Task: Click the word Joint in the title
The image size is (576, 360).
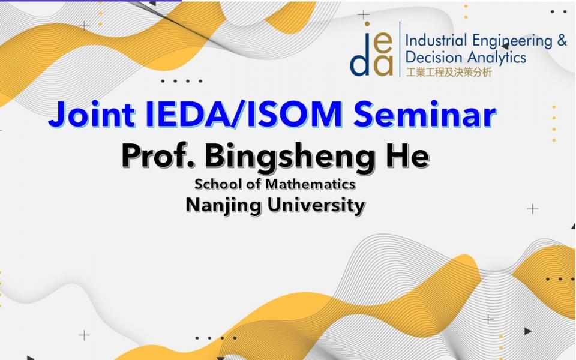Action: click(92, 114)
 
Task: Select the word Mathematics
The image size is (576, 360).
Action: click(310, 184)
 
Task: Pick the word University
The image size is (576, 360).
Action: click(316, 206)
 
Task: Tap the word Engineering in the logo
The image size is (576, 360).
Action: click(512, 41)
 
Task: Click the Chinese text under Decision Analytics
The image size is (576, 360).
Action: click(449, 72)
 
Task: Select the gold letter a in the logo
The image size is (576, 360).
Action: click(383, 66)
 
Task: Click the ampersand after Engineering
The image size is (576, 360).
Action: click(562, 40)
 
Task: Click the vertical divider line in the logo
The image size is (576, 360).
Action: click(400, 49)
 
